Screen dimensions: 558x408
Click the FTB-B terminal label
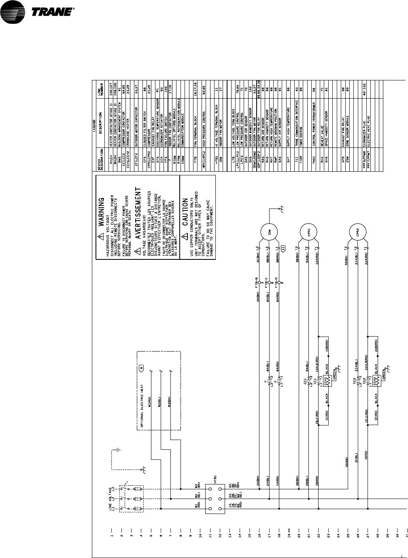(x=257, y=284)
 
